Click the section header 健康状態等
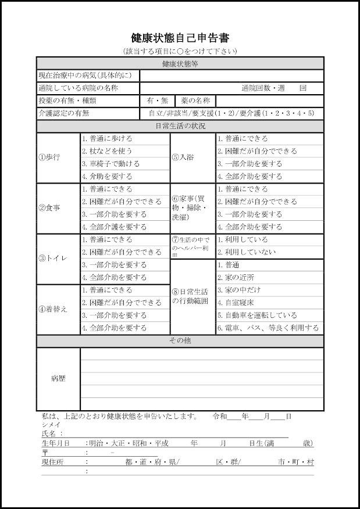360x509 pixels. (180, 63)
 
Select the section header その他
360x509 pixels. (180, 340)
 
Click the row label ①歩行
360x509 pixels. (49, 157)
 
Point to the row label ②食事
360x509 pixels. (49, 208)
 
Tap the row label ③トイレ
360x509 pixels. (53, 259)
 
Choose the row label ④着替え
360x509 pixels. (53, 309)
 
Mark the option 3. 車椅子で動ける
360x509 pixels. (111, 164)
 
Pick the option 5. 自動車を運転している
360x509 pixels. (257, 316)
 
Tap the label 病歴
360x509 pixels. (58, 379)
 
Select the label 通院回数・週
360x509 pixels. (263, 88)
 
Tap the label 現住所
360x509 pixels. (52, 463)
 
